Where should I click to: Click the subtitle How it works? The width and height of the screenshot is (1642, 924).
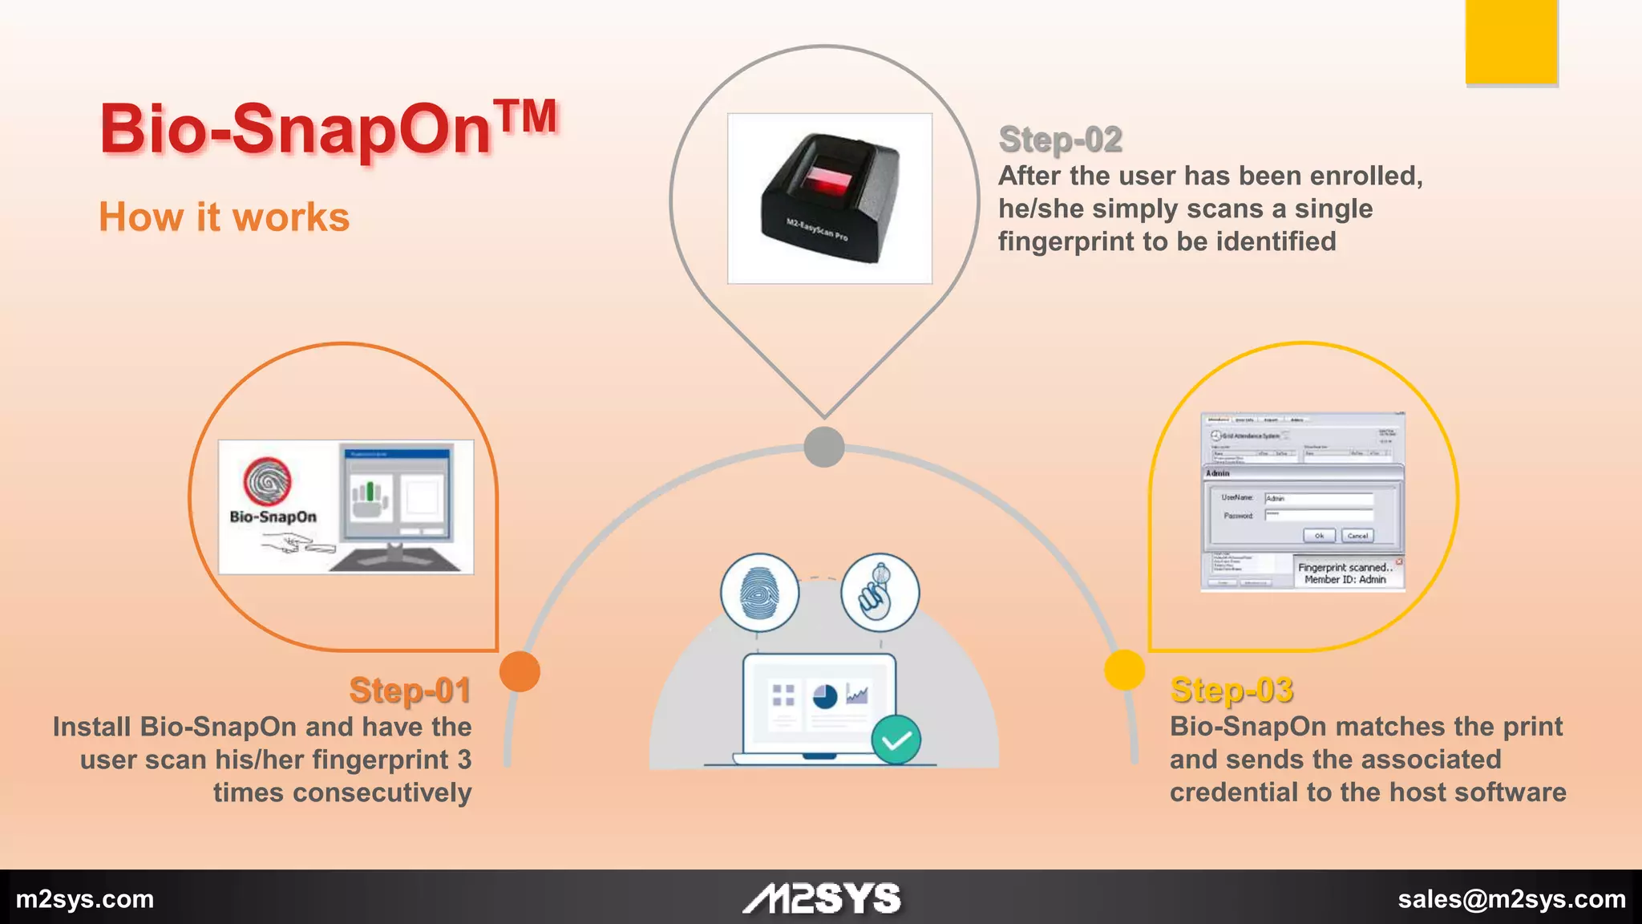point(224,217)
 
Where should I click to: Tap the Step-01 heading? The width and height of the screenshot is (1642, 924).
point(410,691)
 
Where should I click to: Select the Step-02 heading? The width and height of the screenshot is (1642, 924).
point(1060,140)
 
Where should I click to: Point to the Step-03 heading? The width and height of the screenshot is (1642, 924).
point(1231,691)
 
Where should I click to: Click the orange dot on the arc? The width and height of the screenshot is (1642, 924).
point(520,671)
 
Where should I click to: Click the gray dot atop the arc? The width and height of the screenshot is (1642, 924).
point(823,447)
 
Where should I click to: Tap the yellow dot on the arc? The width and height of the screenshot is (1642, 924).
point(1124,669)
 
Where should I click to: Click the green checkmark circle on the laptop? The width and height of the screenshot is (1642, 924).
point(896,740)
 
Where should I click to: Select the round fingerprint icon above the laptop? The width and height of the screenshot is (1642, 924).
point(759,593)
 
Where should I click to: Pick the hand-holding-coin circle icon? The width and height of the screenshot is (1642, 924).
point(880,593)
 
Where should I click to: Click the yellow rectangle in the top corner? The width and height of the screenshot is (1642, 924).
point(1511,41)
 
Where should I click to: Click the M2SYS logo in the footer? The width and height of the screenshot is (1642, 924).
point(822,899)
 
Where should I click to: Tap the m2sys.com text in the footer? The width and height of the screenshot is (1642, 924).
point(85,899)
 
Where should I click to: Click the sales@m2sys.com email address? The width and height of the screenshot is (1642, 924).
point(1511,899)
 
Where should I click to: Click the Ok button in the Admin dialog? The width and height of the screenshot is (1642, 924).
point(1319,535)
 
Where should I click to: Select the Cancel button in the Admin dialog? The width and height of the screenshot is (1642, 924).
point(1357,535)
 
